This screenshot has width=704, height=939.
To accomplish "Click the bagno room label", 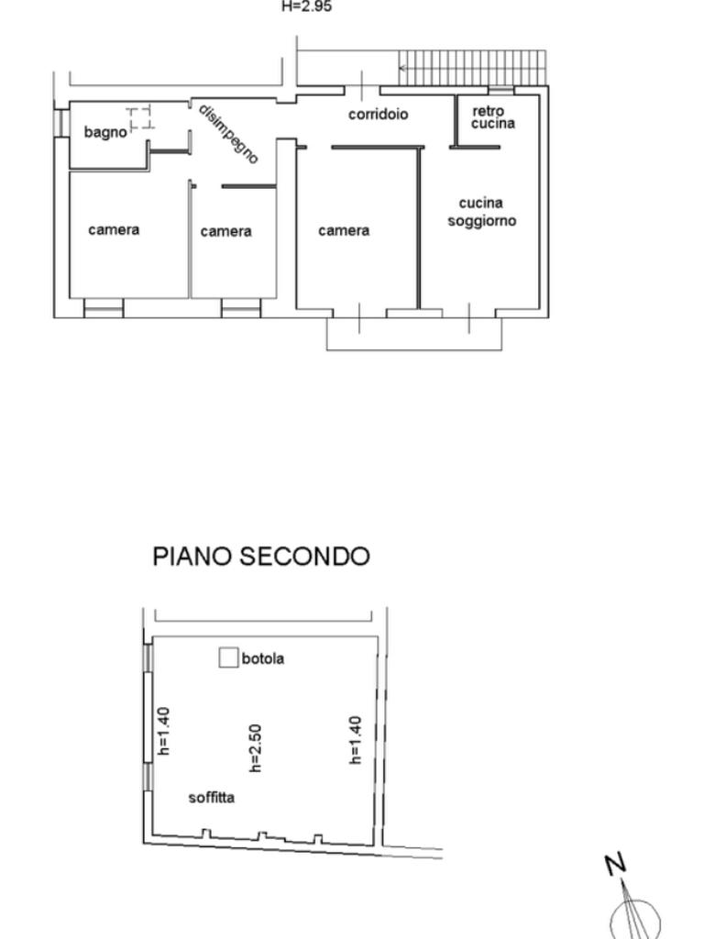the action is (x=105, y=132).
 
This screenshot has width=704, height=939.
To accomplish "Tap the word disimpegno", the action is (x=228, y=134).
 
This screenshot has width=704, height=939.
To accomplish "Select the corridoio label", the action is (x=379, y=114).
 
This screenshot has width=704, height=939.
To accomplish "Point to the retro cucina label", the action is (x=492, y=117).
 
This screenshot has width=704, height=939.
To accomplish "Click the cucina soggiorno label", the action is (x=482, y=212).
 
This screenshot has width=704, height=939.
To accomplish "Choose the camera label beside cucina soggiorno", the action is (x=344, y=230).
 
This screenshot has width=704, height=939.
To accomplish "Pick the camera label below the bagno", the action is (x=114, y=230).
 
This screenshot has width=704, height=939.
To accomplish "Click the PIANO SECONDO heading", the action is (x=261, y=557).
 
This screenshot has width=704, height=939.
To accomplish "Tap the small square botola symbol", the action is (x=228, y=657).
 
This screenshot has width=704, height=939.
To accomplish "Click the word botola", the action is (x=263, y=658).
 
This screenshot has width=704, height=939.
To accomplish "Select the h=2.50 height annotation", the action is (x=255, y=748).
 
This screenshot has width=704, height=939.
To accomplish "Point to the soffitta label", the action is (x=212, y=798).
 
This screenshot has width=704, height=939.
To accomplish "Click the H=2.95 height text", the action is (x=306, y=6).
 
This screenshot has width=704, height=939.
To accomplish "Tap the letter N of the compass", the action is (x=615, y=864).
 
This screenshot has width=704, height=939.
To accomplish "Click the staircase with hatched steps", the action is (x=473, y=68).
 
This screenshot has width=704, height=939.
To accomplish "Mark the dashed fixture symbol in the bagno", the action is (x=140, y=118).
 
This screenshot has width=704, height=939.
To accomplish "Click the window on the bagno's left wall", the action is (x=60, y=124).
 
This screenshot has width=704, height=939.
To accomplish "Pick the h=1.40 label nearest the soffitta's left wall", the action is (x=163, y=731).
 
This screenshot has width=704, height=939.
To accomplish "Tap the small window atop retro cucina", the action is (x=501, y=91).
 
